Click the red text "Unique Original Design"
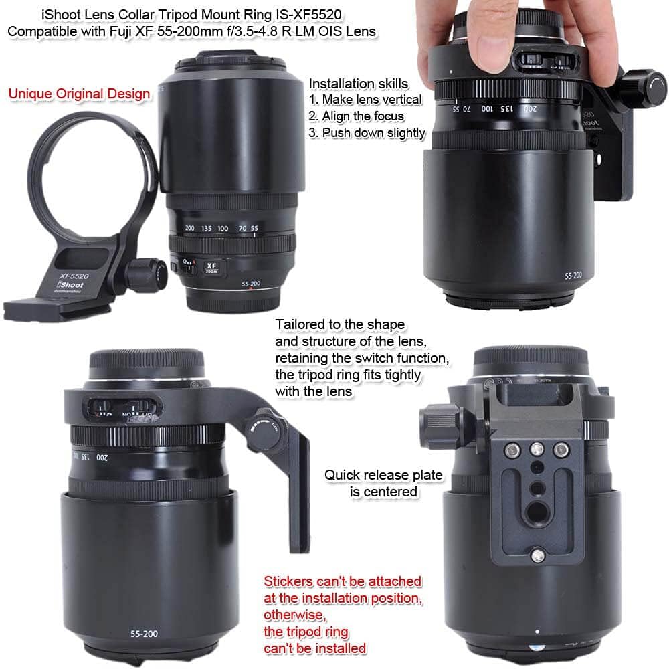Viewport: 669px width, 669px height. [79, 93]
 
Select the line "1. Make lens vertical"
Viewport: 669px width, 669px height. [365, 99]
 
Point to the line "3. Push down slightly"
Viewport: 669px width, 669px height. [367, 132]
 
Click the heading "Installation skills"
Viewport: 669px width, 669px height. [358, 83]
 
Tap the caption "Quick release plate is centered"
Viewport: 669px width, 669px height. [383, 483]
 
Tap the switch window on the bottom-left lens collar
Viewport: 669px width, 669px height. [123, 409]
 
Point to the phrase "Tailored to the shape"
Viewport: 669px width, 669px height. [340, 325]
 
